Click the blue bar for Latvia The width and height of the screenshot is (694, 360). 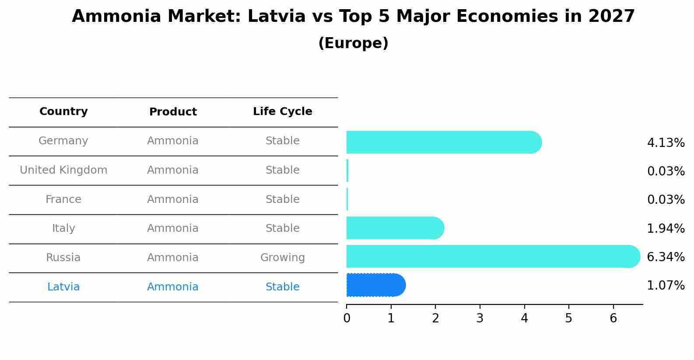click(x=376, y=285)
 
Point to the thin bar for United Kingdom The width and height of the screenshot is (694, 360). click(x=347, y=171)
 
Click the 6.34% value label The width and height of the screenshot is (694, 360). click(x=666, y=257)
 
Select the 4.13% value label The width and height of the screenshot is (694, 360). click(x=666, y=143)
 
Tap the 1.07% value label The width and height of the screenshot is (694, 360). click(x=666, y=286)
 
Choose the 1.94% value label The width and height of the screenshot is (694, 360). click(x=666, y=228)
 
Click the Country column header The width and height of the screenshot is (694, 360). click(x=63, y=112)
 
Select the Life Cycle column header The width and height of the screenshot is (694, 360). click(x=282, y=112)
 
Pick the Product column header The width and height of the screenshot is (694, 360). click(x=173, y=112)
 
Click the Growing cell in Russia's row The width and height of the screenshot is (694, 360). click(x=282, y=258)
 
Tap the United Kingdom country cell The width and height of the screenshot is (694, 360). click(x=63, y=170)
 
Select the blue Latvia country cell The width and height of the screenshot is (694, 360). click(x=63, y=287)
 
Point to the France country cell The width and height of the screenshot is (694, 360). click(x=63, y=199)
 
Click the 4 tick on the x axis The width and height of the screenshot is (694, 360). click(x=524, y=318)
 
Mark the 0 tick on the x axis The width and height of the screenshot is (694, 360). click(x=347, y=318)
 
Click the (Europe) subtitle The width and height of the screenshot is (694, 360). click(x=353, y=43)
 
